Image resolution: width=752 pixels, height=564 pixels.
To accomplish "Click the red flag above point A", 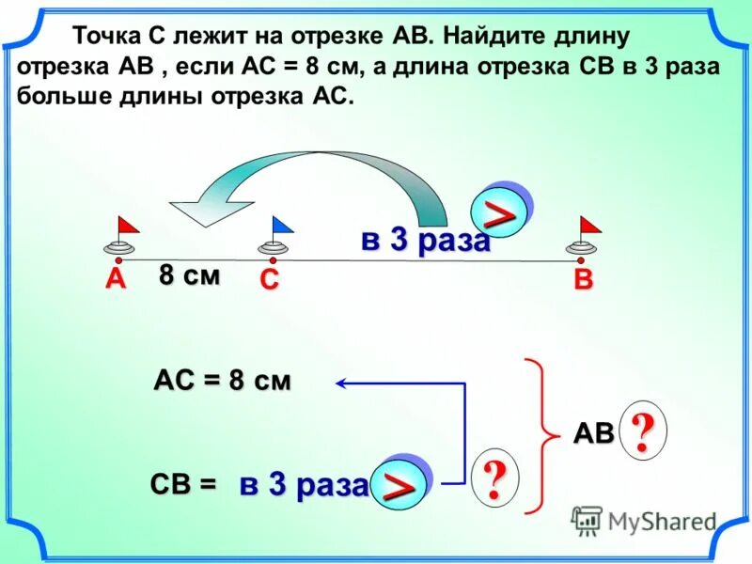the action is pos(126,226).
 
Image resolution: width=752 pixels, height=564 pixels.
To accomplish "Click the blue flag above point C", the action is pos(281,225).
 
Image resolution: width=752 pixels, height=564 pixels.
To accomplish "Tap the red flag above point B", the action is pos(589,225).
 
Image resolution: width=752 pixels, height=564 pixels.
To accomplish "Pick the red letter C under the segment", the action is pos(270,281).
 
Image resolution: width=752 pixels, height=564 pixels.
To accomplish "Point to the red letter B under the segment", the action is pos(584,280).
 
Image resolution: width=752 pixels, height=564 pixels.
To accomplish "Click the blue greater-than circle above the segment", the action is pos(501,211).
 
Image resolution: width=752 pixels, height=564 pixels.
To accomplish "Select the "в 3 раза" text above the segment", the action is pos(426,241).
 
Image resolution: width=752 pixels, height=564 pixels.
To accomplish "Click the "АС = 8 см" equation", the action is pos(222,382).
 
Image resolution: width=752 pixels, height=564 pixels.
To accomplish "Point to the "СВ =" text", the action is pos(182,484).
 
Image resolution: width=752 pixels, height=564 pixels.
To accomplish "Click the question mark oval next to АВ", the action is pos(642,432).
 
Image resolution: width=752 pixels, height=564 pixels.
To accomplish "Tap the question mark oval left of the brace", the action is pos(493,478).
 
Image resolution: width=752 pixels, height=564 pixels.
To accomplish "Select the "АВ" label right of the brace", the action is pos(593,433).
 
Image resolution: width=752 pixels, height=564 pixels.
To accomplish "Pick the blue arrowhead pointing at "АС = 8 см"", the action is pos(340,383).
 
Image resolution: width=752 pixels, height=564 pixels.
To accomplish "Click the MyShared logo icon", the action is pos(587,520).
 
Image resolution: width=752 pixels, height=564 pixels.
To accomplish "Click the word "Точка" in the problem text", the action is pos(106,37).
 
